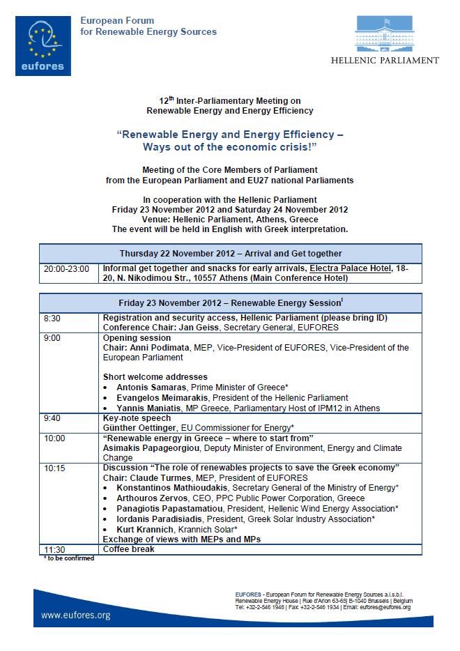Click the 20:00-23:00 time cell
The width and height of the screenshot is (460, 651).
pyautogui.click(x=66, y=268)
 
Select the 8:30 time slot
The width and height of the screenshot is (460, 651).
pyautogui.click(x=52, y=318)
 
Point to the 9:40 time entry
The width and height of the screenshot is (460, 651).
pyautogui.click(x=53, y=418)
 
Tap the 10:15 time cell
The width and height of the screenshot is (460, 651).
pyautogui.click(x=55, y=468)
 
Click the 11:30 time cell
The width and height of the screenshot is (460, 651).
pyautogui.click(x=55, y=549)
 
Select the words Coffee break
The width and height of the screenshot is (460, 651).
pyautogui.click(x=128, y=549)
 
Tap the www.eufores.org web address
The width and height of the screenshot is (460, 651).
pyautogui.click(x=76, y=615)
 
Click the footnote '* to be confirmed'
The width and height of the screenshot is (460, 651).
pyautogui.click(x=68, y=558)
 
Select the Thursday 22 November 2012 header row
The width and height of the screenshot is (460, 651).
pyautogui.click(x=231, y=254)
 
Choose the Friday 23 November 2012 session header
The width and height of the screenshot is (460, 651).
pyautogui.click(x=231, y=303)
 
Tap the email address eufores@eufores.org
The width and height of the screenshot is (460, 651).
pyautogui.click(x=387, y=607)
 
